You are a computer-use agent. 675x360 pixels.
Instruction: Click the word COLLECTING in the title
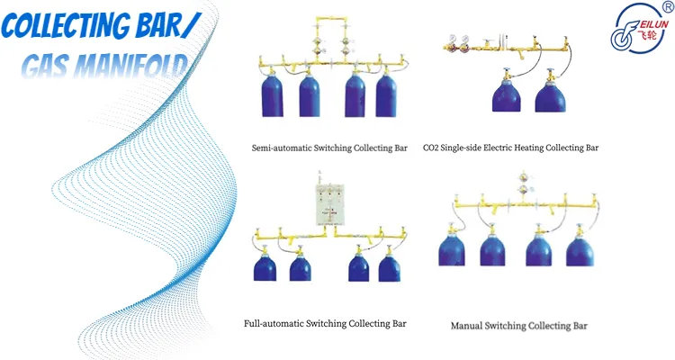pos(66,25)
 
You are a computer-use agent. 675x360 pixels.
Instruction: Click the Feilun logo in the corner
pos(639,29)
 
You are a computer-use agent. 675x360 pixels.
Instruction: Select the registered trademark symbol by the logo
pos(669,5)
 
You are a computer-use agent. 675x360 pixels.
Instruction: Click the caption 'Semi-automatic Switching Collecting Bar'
pos(329,148)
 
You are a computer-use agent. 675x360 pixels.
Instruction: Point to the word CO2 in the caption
pos(430,148)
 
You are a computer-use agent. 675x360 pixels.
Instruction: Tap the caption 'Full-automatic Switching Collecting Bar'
pos(325,323)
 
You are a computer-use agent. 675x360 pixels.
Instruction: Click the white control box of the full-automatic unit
pos(330,204)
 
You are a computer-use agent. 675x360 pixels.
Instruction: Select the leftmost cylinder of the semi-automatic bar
pos(273,94)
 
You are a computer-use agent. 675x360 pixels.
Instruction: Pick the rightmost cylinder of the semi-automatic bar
pos(386,95)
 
